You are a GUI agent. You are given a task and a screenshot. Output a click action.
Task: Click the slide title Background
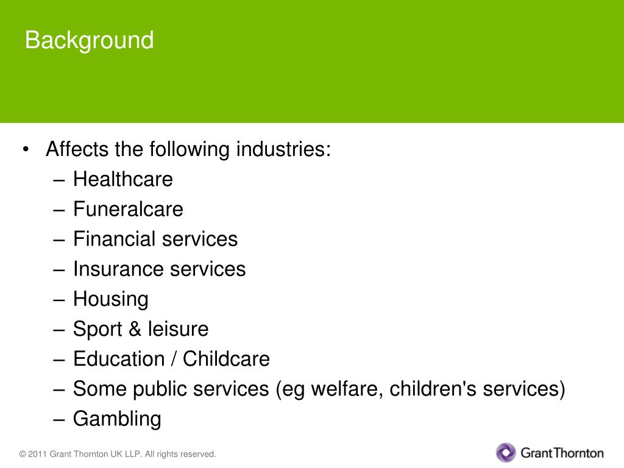pyautogui.click(x=89, y=41)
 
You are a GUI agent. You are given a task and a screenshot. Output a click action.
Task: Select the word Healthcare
pyautogui.click(x=122, y=179)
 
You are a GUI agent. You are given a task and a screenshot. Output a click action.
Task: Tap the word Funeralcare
pyautogui.click(x=128, y=209)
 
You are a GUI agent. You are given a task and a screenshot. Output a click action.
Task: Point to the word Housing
pyautogui.click(x=110, y=299)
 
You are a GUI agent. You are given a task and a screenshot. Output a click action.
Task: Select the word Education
pyautogui.click(x=119, y=359)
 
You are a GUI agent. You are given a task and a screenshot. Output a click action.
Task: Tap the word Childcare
pyautogui.click(x=226, y=359)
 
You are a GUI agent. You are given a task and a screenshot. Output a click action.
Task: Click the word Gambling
pyautogui.click(x=117, y=419)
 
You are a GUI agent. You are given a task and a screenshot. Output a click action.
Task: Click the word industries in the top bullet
pyautogui.click(x=283, y=149)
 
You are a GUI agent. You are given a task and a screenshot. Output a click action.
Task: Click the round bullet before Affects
pyautogui.click(x=26, y=150)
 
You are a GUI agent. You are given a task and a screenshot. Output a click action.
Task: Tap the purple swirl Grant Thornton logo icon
pyautogui.click(x=506, y=453)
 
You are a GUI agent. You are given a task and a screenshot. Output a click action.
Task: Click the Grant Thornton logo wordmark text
pyautogui.click(x=562, y=453)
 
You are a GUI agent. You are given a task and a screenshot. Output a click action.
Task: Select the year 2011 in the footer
pyautogui.click(x=37, y=454)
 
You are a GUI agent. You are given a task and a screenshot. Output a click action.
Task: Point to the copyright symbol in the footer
pyautogui.click(x=23, y=454)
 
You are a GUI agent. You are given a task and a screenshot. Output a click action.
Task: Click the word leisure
pyautogui.click(x=178, y=329)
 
